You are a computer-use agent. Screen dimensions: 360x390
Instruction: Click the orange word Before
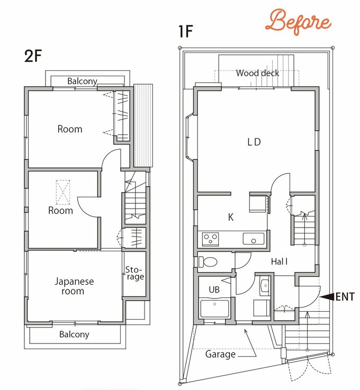tap(298, 22)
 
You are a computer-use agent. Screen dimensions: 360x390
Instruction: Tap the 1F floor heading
tap(186, 31)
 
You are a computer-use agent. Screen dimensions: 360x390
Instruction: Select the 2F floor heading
tap(33, 56)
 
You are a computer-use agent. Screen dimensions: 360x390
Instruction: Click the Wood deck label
tap(257, 73)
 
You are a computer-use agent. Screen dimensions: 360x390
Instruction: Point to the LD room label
tap(254, 142)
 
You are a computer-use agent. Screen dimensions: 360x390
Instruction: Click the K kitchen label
tap(231, 217)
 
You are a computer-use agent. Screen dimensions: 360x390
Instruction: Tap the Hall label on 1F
tap(279, 261)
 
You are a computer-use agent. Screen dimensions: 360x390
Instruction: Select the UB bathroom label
tap(214, 289)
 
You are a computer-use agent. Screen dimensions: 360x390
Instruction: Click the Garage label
tap(220, 354)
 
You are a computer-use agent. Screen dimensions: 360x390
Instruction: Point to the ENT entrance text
tap(345, 297)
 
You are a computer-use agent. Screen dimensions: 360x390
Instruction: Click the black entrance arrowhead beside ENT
tap(327, 297)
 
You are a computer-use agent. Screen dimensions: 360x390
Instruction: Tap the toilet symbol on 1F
tap(208, 261)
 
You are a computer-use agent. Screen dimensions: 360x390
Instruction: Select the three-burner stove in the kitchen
tap(210, 239)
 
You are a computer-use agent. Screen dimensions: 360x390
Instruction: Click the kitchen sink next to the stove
tap(253, 239)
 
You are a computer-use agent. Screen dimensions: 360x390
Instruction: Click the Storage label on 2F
tap(134, 273)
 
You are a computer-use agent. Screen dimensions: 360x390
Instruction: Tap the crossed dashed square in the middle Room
tap(62, 192)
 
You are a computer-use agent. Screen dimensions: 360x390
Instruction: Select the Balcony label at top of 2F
tap(82, 81)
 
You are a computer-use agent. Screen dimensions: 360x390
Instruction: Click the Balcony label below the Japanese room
tap(74, 334)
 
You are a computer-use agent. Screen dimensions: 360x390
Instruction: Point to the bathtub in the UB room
tap(214, 309)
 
